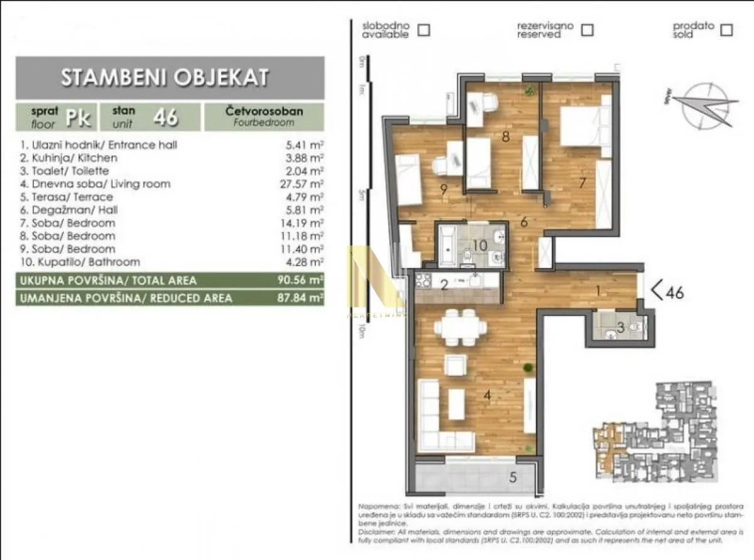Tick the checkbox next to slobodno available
coord(424,30)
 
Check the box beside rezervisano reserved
coord(587,30)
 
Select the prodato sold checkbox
coord(727,30)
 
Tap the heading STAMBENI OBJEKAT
coord(165,77)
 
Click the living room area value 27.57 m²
coord(305,184)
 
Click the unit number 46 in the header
coord(166,116)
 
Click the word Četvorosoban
coord(264,111)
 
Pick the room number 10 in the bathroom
coord(479,245)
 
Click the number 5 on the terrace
coord(513,478)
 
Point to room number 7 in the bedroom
coord(582,183)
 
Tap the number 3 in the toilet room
coord(620,327)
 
